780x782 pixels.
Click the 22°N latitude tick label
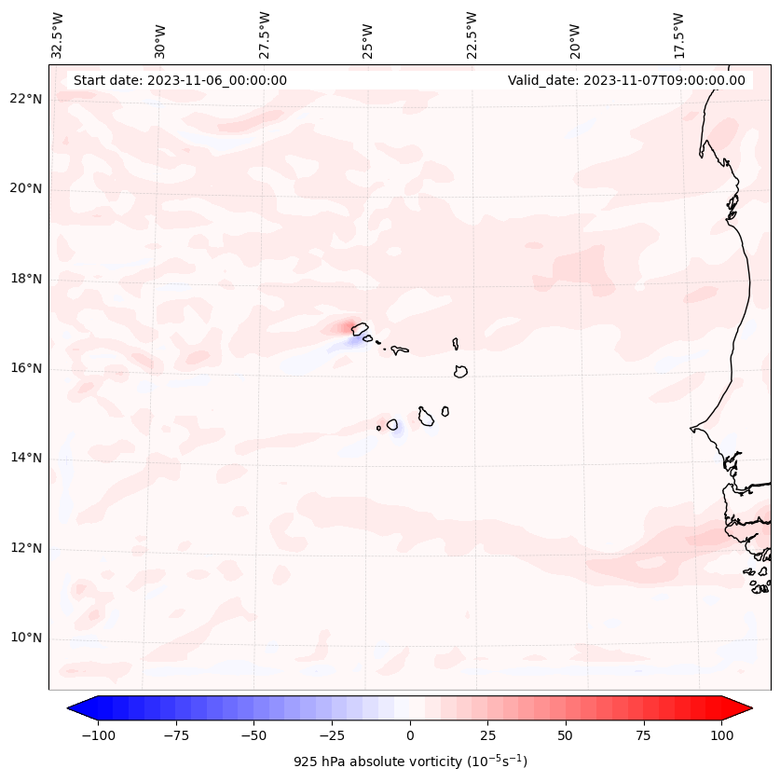(25, 100)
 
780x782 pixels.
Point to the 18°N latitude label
(25, 279)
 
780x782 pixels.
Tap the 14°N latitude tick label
(25, 458)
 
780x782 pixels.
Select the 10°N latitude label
(25, 638)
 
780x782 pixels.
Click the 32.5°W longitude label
(58, 35)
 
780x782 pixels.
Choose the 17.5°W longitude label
(678, 35)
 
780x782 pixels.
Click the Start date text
(180, 80)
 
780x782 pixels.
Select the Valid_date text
(626, 80)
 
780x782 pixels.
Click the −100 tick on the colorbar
(98, 735)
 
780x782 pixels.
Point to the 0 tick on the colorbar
(409, 735)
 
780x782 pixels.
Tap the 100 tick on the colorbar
(721, 735)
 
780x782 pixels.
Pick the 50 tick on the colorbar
(566, 735)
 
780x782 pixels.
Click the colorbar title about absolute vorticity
(410, 761)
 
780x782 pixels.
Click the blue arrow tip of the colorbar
(74, 708)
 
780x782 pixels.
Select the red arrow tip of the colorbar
(746, 708)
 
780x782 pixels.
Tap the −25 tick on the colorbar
(331, 735)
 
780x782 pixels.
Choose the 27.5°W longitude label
(265, 35)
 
